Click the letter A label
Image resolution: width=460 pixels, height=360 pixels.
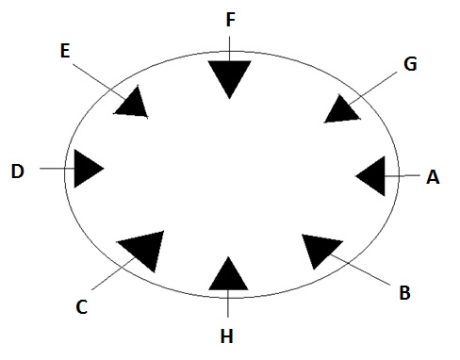coord(433,176)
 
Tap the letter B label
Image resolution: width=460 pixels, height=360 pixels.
coord(404,292)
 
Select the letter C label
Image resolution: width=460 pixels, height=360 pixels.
coord(82,305)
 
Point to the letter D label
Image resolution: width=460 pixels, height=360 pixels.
coord(18,172)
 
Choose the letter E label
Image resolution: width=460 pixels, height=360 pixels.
coord(64,50)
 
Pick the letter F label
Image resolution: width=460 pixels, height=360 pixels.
coord(231,19)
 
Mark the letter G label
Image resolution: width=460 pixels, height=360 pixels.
coord(409,64)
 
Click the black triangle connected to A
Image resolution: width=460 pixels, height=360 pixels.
coord(373,175)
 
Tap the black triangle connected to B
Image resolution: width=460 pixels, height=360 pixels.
coord(320,250)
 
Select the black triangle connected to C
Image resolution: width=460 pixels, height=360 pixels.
coord(143,248)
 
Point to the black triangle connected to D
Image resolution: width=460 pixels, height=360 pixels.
coord(86,170)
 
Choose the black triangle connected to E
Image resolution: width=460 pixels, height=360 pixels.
coord(133,103)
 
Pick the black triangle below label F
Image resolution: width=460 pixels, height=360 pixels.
coord(230,75)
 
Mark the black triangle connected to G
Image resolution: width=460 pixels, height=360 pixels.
coord(341,108)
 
